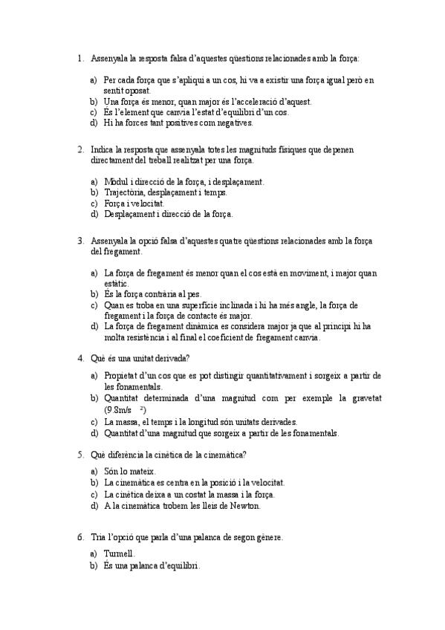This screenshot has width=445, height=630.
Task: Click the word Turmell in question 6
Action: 118,553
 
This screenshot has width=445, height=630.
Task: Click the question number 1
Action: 79,57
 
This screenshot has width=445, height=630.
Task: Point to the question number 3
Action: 79,241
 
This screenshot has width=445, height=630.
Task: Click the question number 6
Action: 79,536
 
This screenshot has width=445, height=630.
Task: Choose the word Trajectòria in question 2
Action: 126,192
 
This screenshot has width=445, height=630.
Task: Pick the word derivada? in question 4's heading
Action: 171,358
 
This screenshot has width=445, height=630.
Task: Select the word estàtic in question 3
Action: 117,283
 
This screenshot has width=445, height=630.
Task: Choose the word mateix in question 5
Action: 140,471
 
